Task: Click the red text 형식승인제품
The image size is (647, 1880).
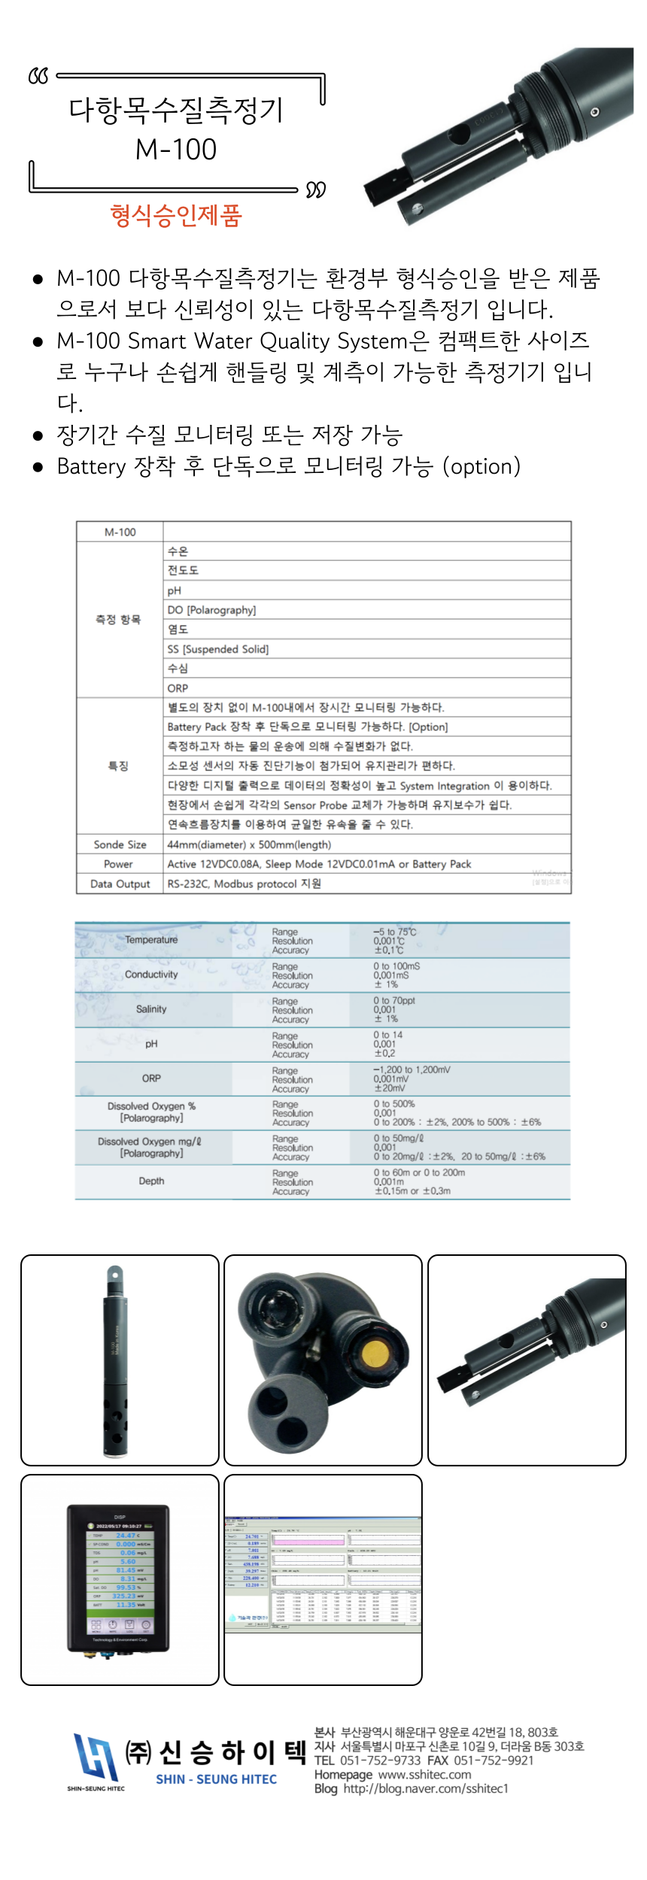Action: pyautogui.click(x=176, y=216)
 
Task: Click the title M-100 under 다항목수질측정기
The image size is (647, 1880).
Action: pyautogui.click(x=176, y=150)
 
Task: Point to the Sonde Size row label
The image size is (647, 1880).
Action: pyautogui.click(x=120, y=844)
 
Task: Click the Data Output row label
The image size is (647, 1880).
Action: pyautogui.click(x=120, y=884)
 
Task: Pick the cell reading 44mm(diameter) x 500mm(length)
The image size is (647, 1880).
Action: pyautogui.click(x=249, y=844)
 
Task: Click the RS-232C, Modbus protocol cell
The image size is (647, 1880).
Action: pyautogui.click(x=245, y=884)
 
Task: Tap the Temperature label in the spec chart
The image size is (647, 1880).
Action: pyautogui.click(x=151, y=940)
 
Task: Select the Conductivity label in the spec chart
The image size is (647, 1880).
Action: pyautogui.click(x=151, y=975)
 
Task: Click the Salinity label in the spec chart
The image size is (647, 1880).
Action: pyautogui.click(x=151, y=1009)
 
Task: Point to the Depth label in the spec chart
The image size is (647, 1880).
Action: pyautogui.click(x=151, y=1181)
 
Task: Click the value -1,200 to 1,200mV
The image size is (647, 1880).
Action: pyautogui.click(x=412, y=1069)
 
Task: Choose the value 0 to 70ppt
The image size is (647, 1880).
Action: pyautogui.click(x=394, y=1001)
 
